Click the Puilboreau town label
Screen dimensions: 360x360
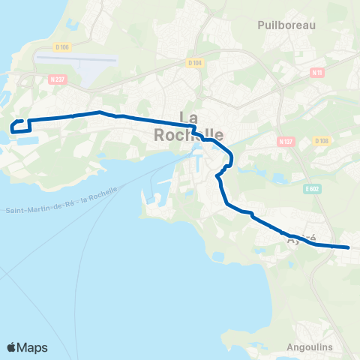click(x=286, y=25)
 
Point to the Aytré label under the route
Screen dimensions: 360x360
click(x=303, y=238)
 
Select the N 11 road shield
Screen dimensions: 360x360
click(x=317, y=73)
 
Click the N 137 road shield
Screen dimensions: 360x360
click(x=285, y=141)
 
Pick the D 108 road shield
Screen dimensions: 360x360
click(x=322, y=140)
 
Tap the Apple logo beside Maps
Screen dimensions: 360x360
click(x=11, y=347)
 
